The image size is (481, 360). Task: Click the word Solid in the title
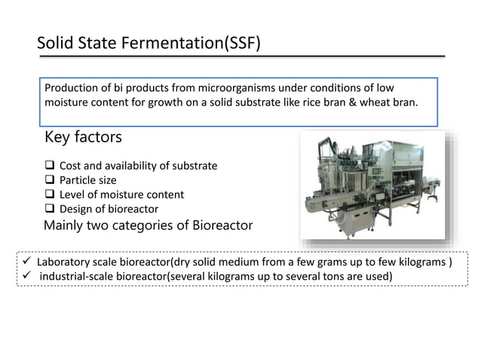[57, 42]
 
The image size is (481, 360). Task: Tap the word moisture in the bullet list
[118, 194]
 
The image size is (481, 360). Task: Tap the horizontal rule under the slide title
[241, 56]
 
